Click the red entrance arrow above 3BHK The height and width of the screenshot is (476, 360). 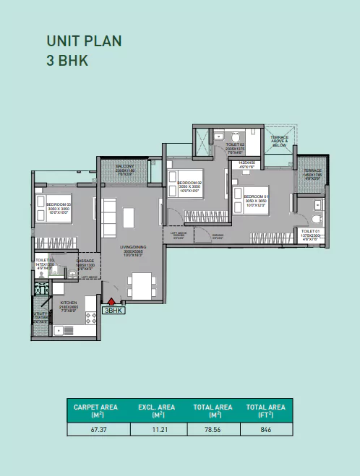click(x=112, y=302)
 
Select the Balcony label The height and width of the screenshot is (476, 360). click(x=124, y=169)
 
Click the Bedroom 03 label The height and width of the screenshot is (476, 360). click(x=57, y=208)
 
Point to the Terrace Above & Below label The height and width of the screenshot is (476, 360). click(x=279, y=141)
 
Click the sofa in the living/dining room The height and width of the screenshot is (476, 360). click(x=108, y=215)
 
